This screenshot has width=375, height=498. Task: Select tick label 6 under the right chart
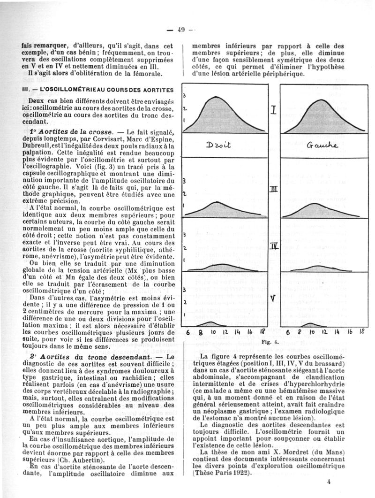click(x=286, y=334)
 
